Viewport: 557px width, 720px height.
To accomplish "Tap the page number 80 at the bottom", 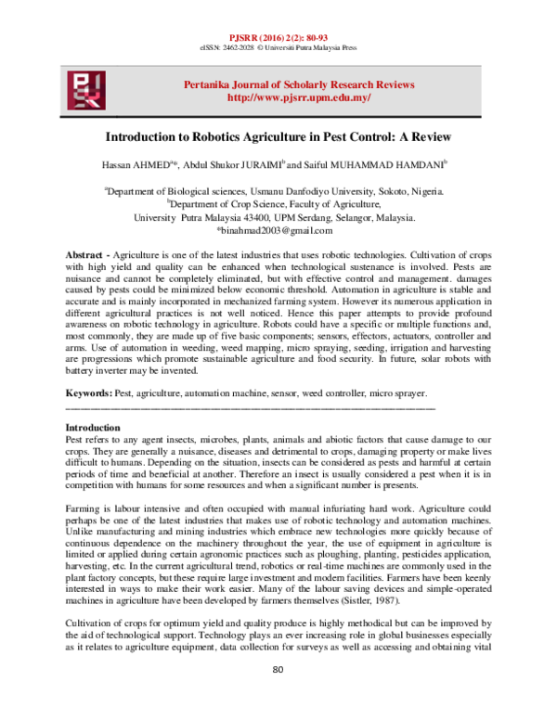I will click(x=278, y=696).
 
